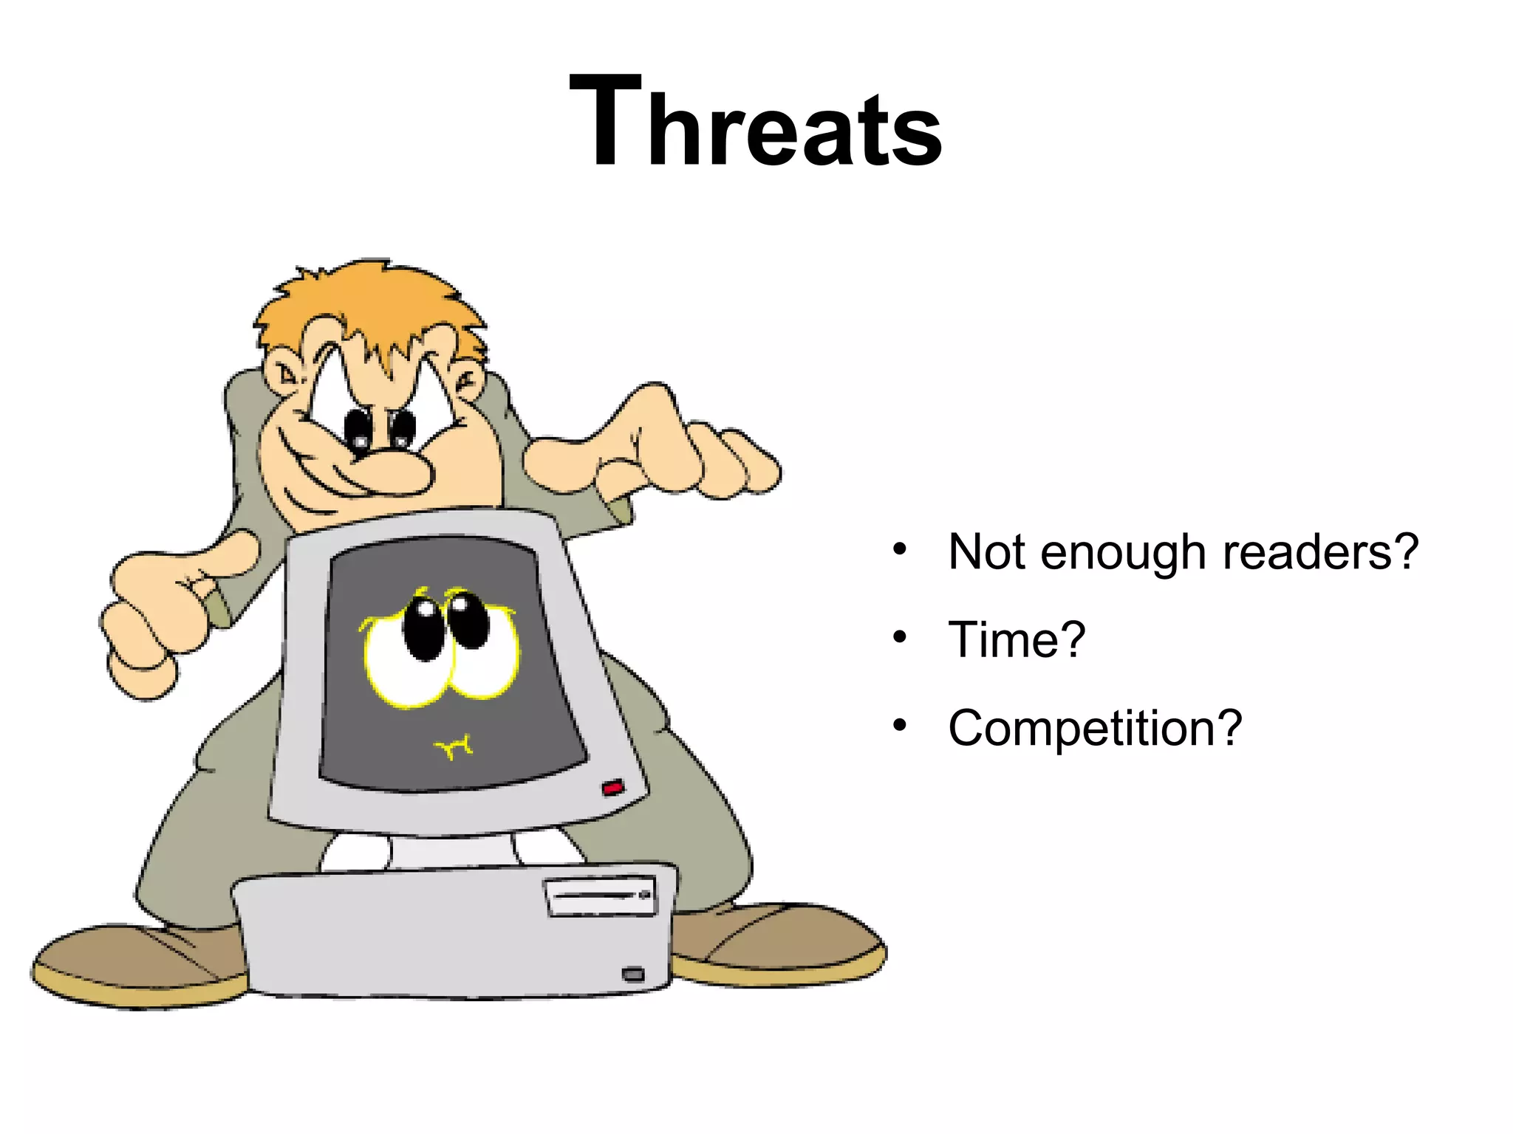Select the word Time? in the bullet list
[1017, 639]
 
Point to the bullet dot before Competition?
[899, 726]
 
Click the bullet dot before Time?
[899, 637]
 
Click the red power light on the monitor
[612, 788]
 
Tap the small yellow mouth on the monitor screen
[454, 748]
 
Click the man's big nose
[392, 472]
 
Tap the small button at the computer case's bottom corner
[633, 975]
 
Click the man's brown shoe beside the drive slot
[783, 945]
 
